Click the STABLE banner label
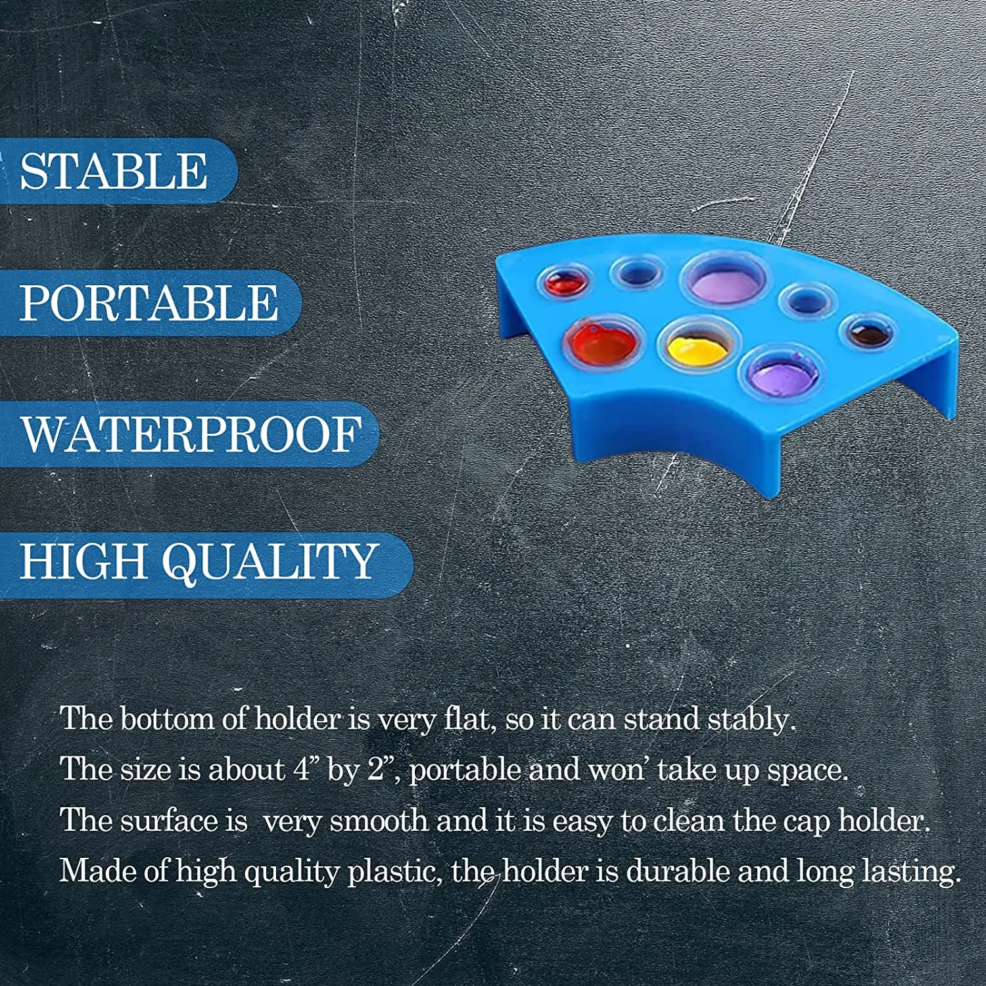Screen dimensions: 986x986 [114, 171]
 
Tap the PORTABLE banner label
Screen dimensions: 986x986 [149, 302]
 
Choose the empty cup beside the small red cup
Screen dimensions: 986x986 [636, 272]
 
